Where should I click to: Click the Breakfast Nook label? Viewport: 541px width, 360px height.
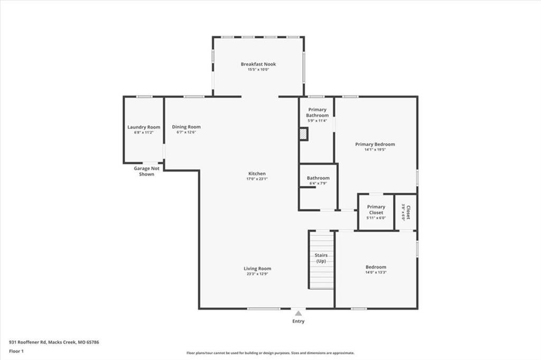click(258, 64)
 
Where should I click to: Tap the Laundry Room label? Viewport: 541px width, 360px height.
click(144, 127)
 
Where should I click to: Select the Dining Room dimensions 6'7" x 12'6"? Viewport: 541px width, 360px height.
click(186, 132)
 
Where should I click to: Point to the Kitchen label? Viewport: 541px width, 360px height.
click(257, 174)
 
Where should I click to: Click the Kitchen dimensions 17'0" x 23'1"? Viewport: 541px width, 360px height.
click(257, 179)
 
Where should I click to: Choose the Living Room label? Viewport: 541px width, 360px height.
click(257, 268)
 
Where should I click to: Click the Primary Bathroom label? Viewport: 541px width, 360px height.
click(318, 112)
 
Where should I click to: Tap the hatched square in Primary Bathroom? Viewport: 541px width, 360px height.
click(303, 135)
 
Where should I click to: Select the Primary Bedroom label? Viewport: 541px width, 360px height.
click(375, 144)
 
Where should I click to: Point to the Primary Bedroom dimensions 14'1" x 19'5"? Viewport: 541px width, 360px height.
click(375, 149)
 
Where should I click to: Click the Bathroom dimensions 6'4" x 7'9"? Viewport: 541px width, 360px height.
click(318, 183)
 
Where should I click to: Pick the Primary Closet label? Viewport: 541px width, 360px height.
click(376, 210)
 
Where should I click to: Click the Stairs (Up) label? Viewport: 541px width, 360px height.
click(321, 258)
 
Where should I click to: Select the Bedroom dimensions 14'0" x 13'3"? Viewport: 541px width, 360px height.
click(376, 272)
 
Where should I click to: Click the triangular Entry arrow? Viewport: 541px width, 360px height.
click(299, 313)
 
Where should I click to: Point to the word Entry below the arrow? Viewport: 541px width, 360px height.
click(298, 321)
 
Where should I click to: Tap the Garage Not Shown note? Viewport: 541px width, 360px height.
click(146, 171)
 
